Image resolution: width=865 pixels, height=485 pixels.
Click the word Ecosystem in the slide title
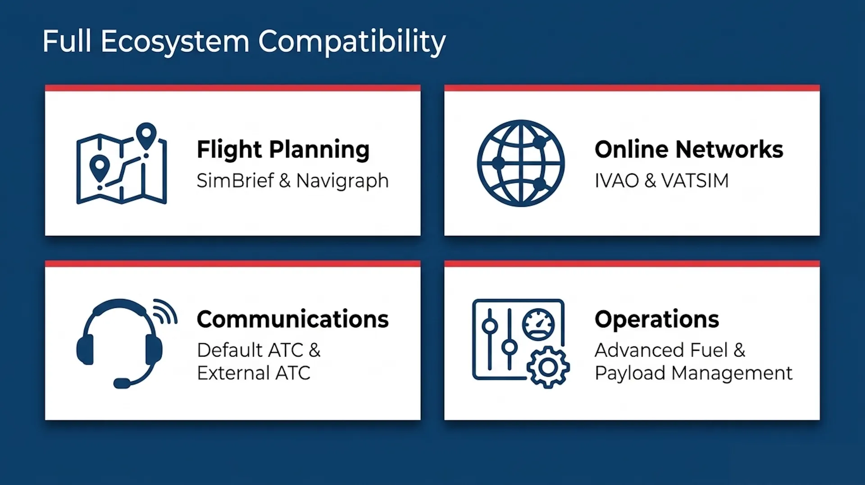click(x=175, y=42)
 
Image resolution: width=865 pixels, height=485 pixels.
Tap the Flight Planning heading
click(x=283, y=150)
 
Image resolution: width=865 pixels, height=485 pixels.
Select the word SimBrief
click(x=235, y=181)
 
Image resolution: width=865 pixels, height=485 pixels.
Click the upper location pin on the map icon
click(x=146, y=136)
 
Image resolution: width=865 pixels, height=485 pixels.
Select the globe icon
click(x=521, y=163)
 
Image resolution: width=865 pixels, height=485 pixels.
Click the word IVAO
click(x=617, y=181)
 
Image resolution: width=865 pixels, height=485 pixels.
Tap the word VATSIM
click(x=695, y=181)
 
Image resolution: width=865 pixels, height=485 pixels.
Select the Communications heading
click(x=293, y=319)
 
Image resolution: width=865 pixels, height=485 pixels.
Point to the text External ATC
click(x=254, y=373)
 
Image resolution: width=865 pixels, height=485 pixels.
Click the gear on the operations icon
click(x=548, y=367)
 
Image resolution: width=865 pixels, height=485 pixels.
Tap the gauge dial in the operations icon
click(x=538, y=324)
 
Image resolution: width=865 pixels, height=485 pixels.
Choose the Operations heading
click(x=657, y=320)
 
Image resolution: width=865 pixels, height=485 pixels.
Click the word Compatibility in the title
click(x=352, y=42)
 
